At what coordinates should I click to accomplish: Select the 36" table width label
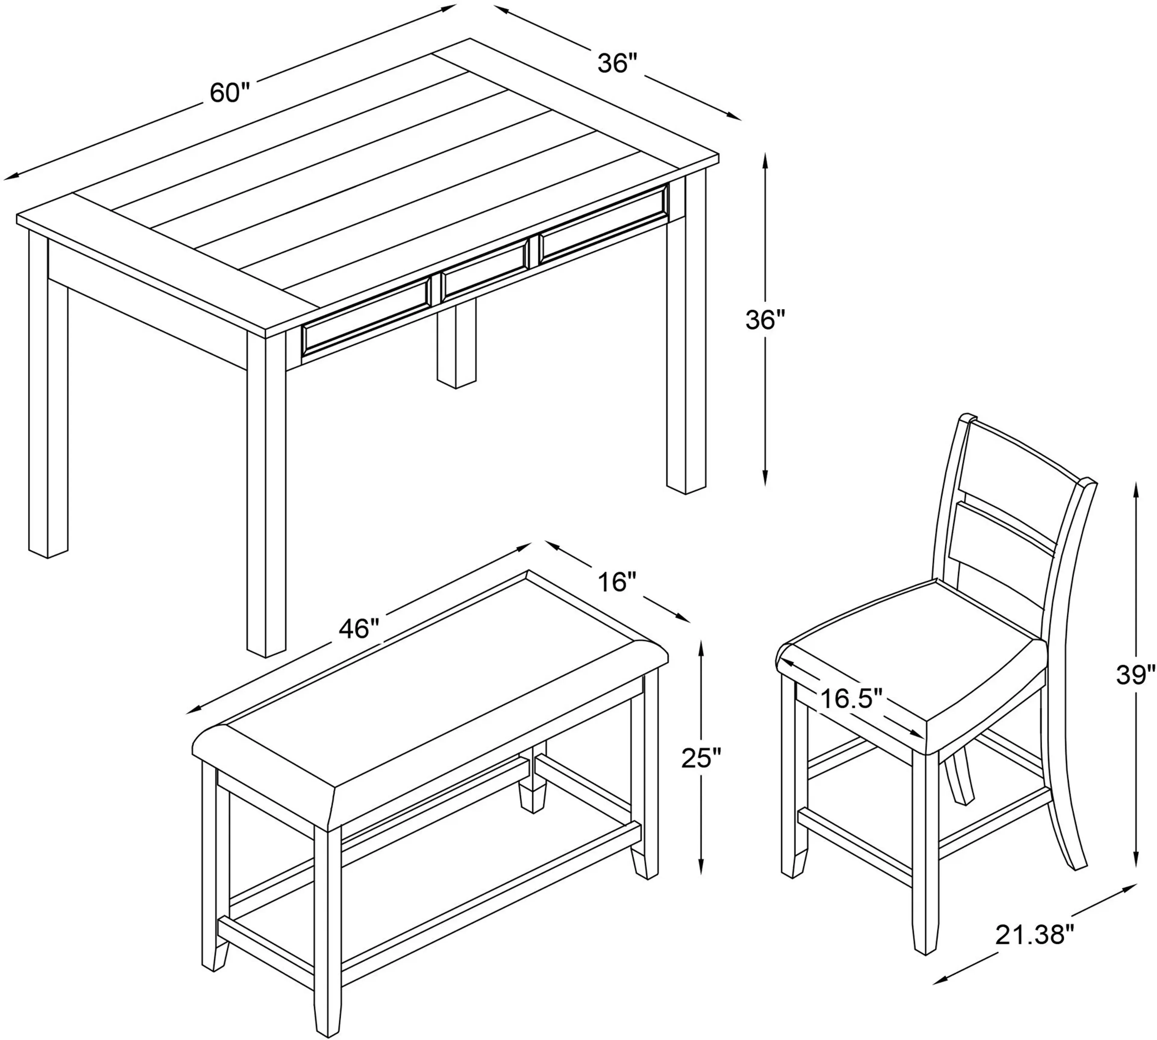(617, 63)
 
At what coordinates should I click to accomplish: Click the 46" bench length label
(359, 629)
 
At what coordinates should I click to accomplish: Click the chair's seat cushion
(914, 657)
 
